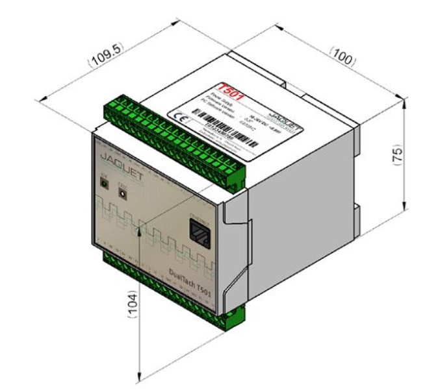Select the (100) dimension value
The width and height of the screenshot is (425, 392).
click(x=341, y=56)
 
